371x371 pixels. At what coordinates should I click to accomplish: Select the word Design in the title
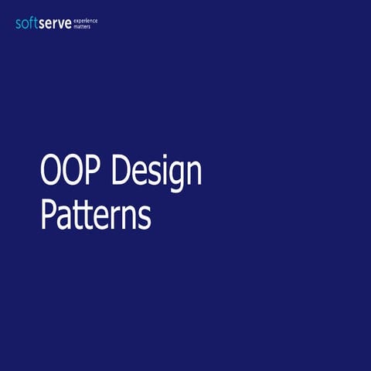click(156, 172)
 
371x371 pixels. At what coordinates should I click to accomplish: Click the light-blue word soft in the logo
click(28, 23)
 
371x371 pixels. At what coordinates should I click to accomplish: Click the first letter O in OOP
click(50, 172)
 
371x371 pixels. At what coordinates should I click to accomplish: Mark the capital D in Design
click(121, 172)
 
